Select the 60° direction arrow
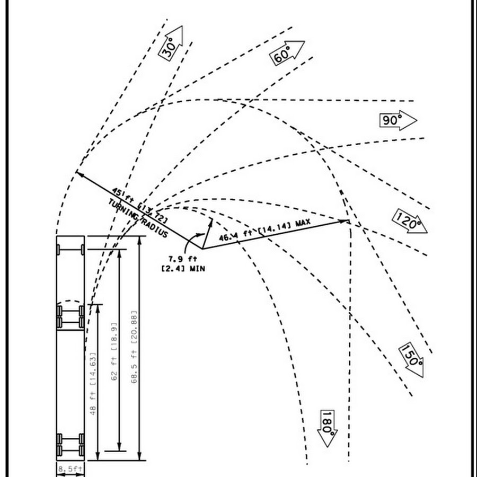point(288,52)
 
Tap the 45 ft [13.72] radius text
point(140,205)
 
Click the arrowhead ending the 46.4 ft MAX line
point(345,220)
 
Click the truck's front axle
point(70,249)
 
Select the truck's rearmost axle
point(70,450)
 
